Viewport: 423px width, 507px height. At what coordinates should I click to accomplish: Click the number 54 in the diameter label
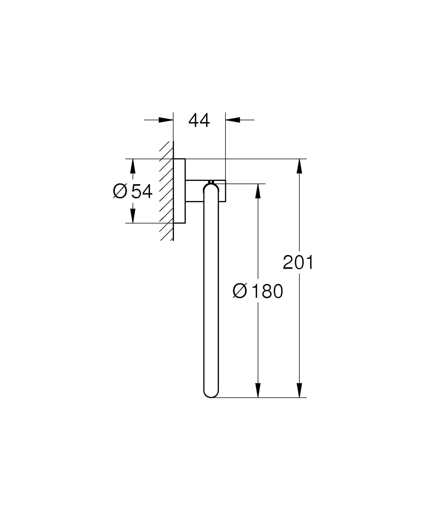pyautogui.click(x=142, y=192)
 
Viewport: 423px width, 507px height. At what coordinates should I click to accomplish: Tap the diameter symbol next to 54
pyautogui.click(x=120, y=192)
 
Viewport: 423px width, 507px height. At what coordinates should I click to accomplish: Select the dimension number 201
pyautogui.click(x=298, y=262)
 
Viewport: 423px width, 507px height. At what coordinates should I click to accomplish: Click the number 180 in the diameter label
pyautogui.click(x=267, y=291)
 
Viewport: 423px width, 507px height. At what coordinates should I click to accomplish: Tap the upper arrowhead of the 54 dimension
pyautogui.click(x=133, y=166)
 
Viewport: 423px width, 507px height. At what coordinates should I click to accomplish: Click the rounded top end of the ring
pyautogui.click(x=211, y=188)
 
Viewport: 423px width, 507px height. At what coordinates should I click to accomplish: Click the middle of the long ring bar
pyautogui.click(x=211, y=291)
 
